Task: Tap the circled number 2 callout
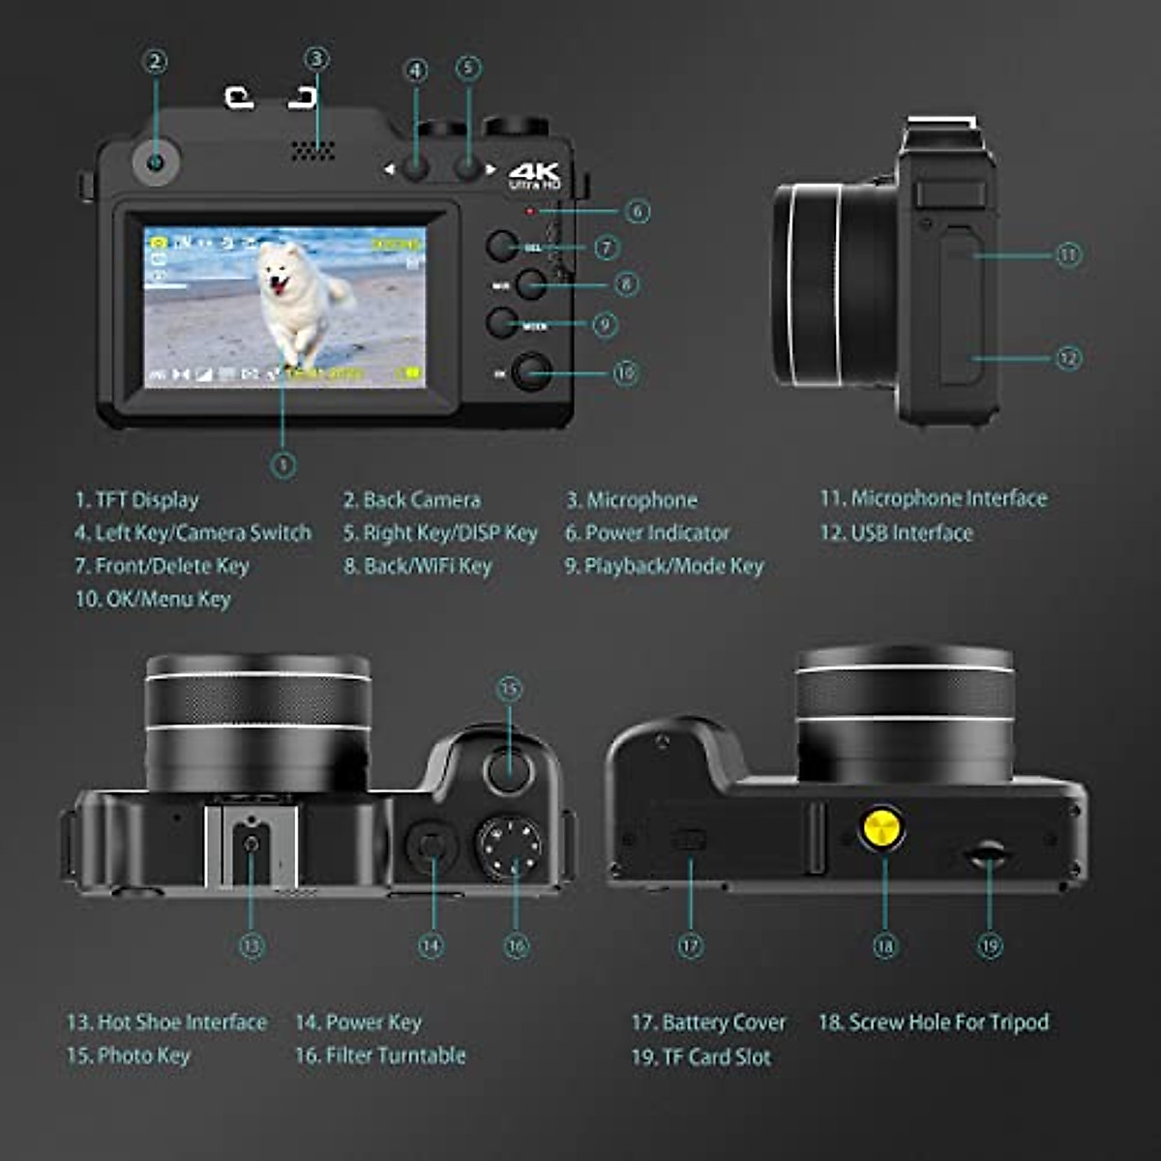pyautogui.click(x=155, y=63)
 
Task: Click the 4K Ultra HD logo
pyautogui.click(x=535, y=174)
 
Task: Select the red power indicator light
pyautogui.click(x=528, y=210)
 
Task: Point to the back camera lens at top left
pyautogui.click(x=155, y=161)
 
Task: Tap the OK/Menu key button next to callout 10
pyautogui.click(x=530, y=372)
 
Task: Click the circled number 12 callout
pyautogui.click(x=1068, y=358)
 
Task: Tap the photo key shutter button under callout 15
pyautogui.click(x=509, y=771)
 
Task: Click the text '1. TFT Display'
pyautogui.click(x=136, y=500)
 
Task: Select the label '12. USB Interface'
pyautogui.click(x=896, y=533)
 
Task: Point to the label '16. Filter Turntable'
pyautogui.click(x=380, y=1056)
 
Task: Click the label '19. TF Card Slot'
pyautogui.click(x=700, y=1057)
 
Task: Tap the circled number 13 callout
pyautogui.click(x=252, y=945)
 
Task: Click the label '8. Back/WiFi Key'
pyautogui.click(x=418, y=566)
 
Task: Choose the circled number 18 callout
pyautogui.click(x=884, y=945)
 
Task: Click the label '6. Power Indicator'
pyautogui.click(x=647, y=533)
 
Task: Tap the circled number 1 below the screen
pyautogui.click(x=283, y=465)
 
